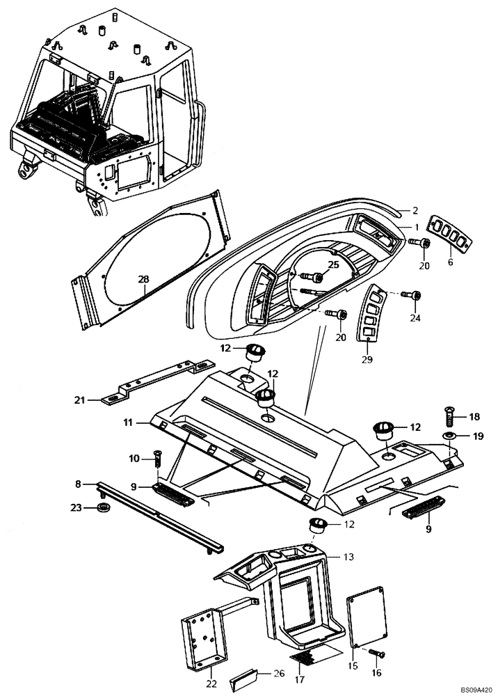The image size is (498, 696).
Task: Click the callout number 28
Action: tap(143, 280)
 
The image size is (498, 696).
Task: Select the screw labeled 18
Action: tap(449, 418)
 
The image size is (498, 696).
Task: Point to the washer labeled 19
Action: tap(449, 436)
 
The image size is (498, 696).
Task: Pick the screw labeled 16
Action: tap(376, 654)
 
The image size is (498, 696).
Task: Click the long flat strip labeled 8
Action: tap(160, 514)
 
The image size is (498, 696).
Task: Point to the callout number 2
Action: tap(415, 210)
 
